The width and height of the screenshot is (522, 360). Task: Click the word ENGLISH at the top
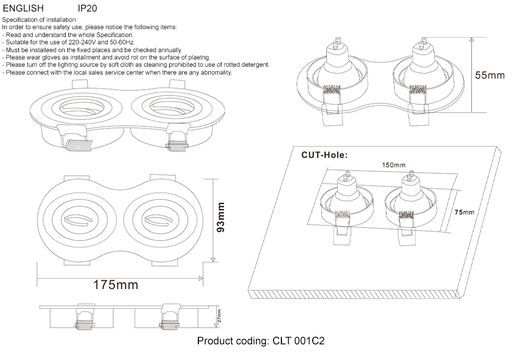(x=22, y=9)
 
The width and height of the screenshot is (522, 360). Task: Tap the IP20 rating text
(x=87, y=9)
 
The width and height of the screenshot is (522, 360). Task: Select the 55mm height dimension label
(x=490, y=75)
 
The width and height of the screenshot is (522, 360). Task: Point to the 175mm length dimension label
(x=116, y=285)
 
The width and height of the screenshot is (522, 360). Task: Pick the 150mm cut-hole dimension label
(x=394, y=165)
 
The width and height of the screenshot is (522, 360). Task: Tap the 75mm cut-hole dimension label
(x=464, y=212)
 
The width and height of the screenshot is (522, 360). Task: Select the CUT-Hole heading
(x=325, y=155)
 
